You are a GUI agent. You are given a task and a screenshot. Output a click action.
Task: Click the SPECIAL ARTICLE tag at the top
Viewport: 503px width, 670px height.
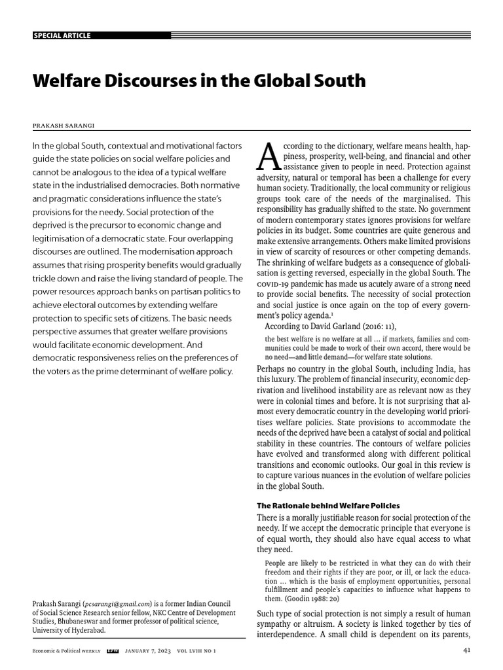[62, 35]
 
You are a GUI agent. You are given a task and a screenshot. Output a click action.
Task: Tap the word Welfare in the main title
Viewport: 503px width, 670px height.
[68, 81]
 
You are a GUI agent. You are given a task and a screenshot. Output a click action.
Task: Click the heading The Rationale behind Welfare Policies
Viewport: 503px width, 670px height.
[328, 506]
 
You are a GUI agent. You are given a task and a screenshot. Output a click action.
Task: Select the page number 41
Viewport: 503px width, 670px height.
[466, 650]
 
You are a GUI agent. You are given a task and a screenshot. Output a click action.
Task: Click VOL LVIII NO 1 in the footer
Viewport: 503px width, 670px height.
[196, 651]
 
